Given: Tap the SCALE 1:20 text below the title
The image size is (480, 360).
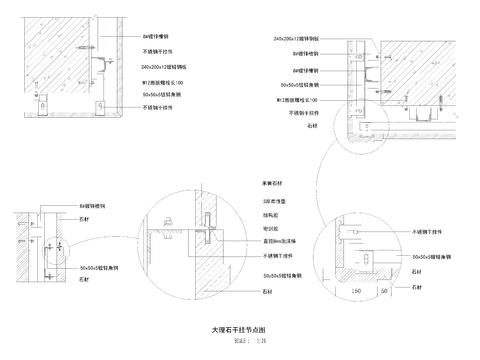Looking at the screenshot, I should pyautogui.click(x=239, y=340).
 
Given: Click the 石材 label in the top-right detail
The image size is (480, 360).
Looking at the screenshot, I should pyautogui.click(x=312, y=127).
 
